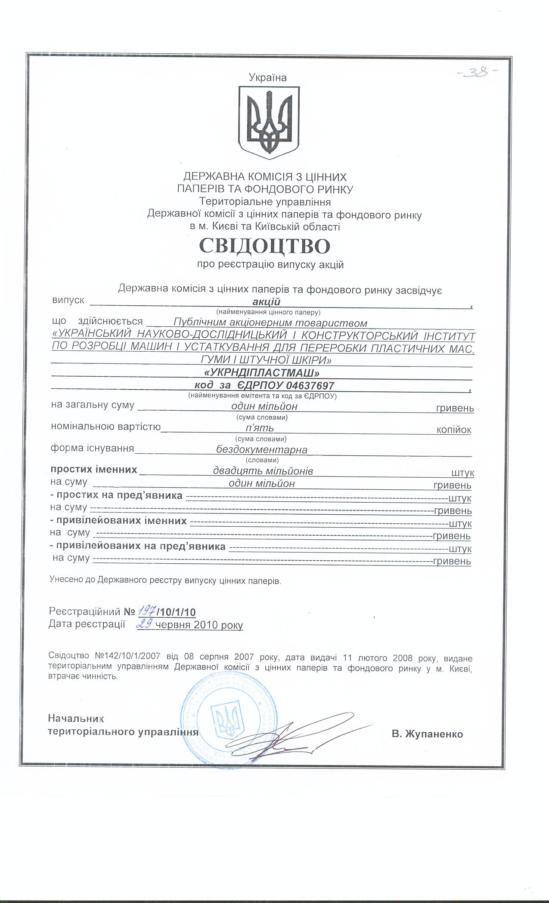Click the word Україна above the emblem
[267, 77]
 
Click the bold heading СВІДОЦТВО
[265, 246]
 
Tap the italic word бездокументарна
[262, 450]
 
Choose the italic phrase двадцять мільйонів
[263, 471]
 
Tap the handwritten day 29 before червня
[145, 624]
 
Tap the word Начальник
[76, 718]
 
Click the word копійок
[453, 430]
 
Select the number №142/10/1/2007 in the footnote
[127, 658]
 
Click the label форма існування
[92, 448]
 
